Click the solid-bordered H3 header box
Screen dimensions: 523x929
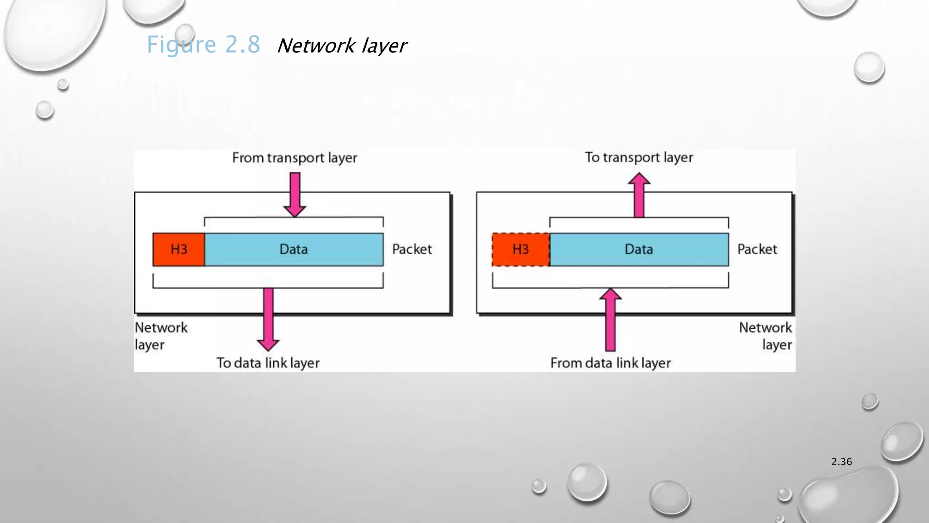179,249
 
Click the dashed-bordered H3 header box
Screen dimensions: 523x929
521,249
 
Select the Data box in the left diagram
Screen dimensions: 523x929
293,249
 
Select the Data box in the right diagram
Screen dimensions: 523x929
639,249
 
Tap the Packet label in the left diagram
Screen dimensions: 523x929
412,249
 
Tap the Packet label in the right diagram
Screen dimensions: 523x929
757,249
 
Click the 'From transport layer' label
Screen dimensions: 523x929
294,158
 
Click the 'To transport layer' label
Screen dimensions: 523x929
639,158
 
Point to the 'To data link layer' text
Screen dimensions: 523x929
268,363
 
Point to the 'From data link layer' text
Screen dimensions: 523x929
610,363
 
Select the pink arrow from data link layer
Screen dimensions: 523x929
611,320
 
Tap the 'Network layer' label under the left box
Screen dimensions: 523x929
161,336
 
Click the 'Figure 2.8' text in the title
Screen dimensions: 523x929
203,45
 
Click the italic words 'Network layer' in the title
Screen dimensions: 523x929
342,46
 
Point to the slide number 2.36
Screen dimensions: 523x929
841,462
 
